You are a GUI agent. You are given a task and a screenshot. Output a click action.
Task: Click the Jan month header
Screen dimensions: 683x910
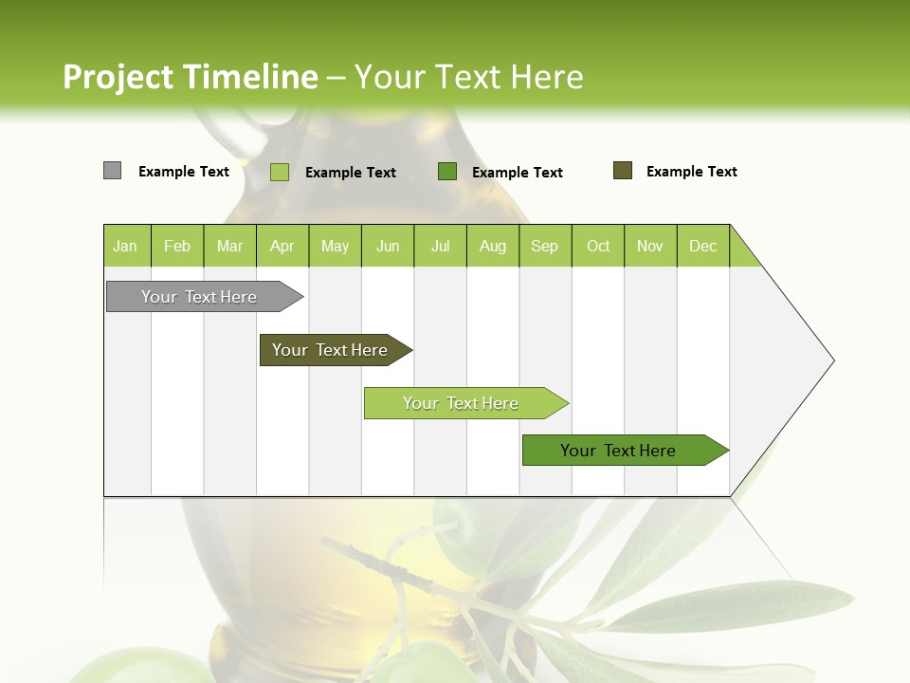(x=126, y=246)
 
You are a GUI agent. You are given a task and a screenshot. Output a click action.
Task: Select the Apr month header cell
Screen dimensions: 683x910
(x=282, y=246)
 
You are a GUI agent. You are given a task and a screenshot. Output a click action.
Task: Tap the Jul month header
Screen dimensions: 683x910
(x=441, y=246)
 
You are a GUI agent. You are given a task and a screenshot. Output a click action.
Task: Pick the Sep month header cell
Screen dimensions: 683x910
(x=545, y=246)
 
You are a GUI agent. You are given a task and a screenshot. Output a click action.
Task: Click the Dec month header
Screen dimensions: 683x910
(x=703, y=246)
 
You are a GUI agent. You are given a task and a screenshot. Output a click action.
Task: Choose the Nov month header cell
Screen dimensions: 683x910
(x=650, y=246)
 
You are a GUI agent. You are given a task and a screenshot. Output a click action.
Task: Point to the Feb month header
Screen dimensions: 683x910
(x=177, y=246)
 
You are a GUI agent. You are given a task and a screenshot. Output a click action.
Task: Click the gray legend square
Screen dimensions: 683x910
(x=112, y=171)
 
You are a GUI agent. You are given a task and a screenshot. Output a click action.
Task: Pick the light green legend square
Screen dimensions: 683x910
(x=280, y=172)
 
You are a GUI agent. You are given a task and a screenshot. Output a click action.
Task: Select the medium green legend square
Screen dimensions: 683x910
(x=447, y=171)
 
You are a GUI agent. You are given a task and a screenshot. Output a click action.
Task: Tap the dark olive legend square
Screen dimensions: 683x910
(x=623, y=171)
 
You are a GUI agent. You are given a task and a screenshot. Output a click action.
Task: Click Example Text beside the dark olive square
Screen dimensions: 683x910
(x=691, y=172)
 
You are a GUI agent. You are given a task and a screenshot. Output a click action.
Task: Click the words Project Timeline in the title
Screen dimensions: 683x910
(x=190, y=77)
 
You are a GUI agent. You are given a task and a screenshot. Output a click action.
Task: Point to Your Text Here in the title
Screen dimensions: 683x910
(x=468, y=77)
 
